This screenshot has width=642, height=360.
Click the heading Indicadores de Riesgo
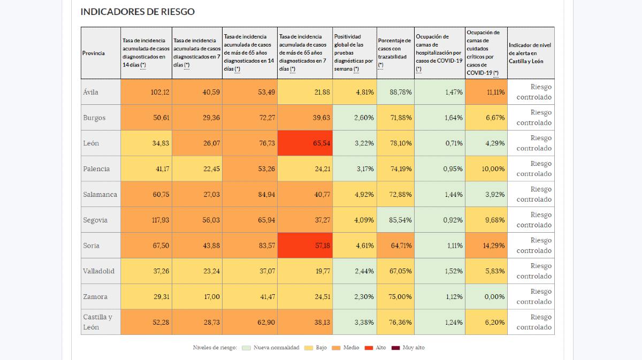(137, 12)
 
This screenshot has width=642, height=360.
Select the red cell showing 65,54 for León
(305, 143)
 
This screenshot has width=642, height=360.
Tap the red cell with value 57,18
(305, 246)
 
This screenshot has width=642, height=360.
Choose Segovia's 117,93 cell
(146, 220)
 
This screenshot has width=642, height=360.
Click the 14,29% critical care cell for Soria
(486, 246)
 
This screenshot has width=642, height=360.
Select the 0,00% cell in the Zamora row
(486, 296)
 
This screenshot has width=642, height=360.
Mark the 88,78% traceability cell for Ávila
(395, 92)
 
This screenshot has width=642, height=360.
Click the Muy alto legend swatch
(395, 348)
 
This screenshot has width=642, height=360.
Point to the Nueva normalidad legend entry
(271, 348)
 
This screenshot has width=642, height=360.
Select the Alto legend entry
(375, 348)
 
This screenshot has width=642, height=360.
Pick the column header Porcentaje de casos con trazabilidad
(395, 53)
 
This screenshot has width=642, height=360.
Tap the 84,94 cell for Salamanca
(250, 194)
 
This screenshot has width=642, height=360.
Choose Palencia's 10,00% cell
(486, 168)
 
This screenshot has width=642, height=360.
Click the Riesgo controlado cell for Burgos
(531, 118)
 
